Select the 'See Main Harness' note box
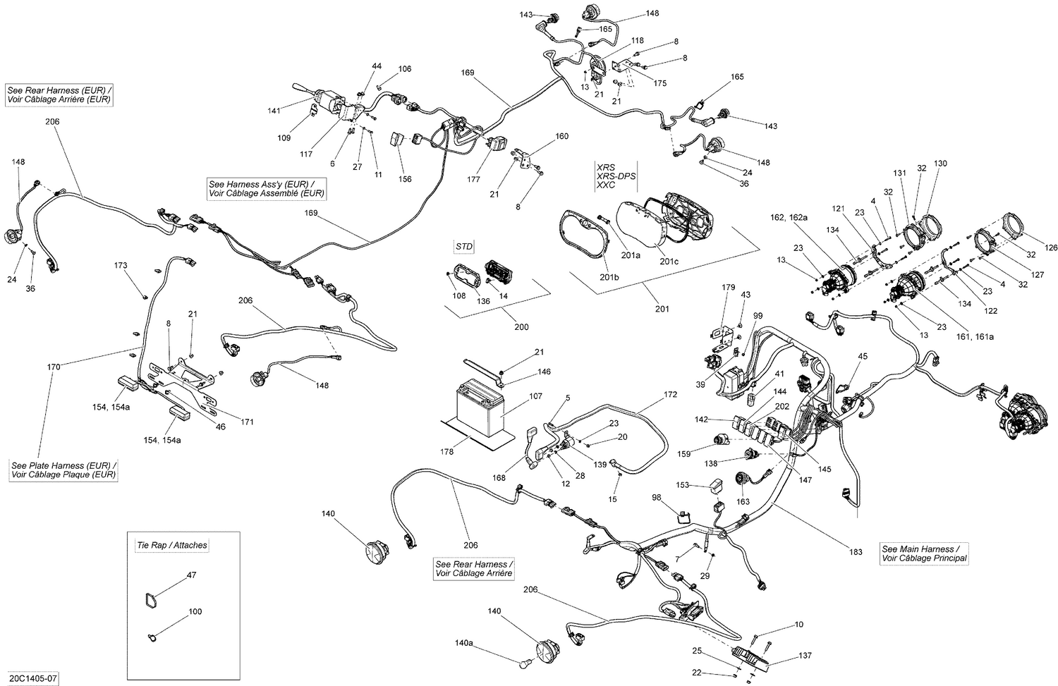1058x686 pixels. click(924, 553)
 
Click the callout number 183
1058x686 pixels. click(856, 552)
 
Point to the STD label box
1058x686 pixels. click(464, 246)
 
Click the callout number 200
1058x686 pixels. click(521, 327)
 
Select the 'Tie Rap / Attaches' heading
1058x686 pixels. click(171, 545)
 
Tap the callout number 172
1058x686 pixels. click(670, 394)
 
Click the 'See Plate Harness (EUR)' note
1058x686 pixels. click(63, 470)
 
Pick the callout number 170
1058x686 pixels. click(54, 367)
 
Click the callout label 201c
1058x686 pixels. click(669, 262)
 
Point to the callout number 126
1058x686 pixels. click(1051, 247)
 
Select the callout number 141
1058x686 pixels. click(274, 111)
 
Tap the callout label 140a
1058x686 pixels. click(463, 644)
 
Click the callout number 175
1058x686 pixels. click(659, 83)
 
